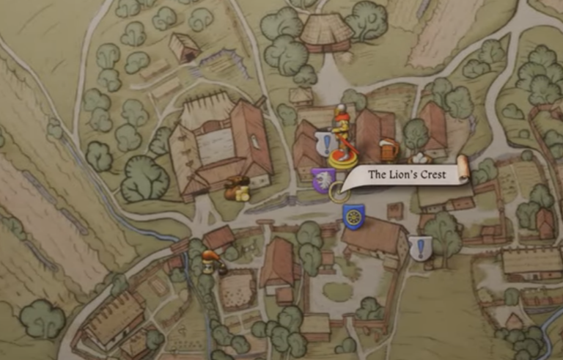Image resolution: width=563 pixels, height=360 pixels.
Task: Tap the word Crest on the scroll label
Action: pos(432,175)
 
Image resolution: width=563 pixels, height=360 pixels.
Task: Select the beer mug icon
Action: pos(389,150)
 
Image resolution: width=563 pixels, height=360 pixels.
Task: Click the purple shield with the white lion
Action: pos(323,180)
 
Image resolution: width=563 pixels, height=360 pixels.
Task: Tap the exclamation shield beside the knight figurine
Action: pos(325,143)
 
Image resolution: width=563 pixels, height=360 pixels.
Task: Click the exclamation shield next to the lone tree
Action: pos(420,248)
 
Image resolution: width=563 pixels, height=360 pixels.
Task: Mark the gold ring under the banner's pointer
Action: pos(339,194)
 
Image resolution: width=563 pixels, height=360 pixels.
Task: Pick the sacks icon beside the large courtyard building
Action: pos(237,189)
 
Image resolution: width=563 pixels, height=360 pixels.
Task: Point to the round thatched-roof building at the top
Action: pos(326,31)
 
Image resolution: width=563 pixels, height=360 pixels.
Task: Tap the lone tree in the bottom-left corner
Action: pos(42,318)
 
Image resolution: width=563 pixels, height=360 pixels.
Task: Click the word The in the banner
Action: pos(377,175)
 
